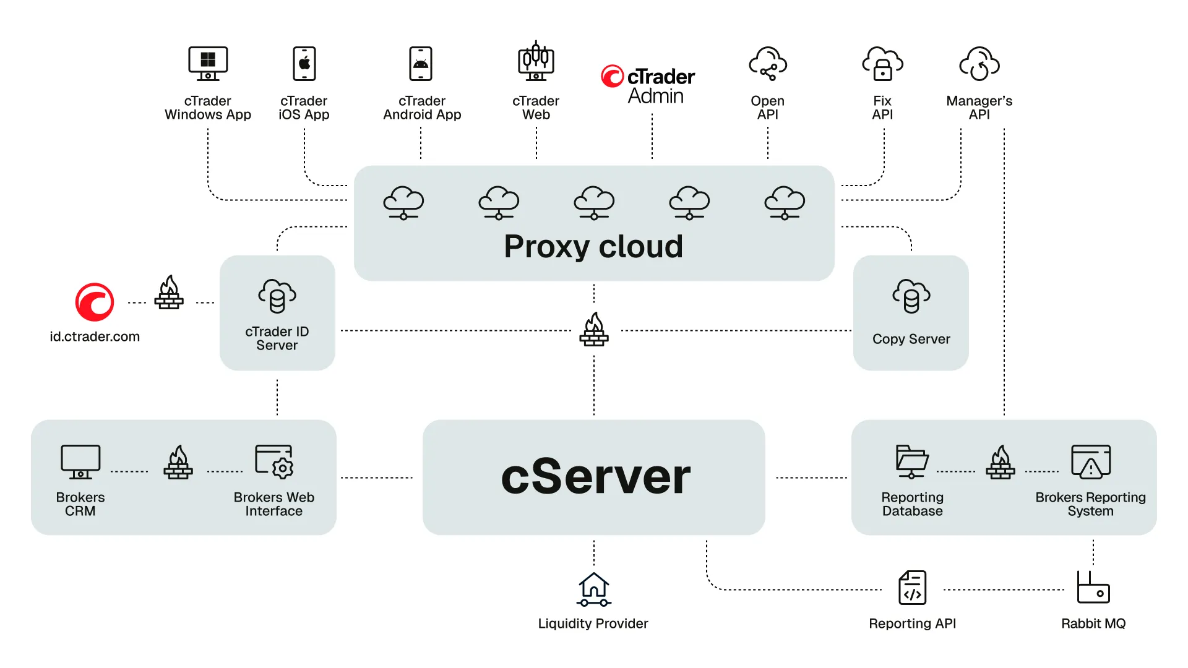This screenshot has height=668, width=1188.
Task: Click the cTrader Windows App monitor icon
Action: (208, 63)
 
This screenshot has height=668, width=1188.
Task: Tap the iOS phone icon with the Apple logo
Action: (304, 63)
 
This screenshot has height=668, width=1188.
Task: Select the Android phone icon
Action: (421, 63)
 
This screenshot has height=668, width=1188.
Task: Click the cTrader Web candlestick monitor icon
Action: (536, 62)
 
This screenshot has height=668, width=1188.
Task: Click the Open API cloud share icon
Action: (768, 63)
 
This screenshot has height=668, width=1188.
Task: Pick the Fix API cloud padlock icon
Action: (882, 63)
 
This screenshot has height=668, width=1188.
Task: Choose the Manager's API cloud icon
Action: (979, 63)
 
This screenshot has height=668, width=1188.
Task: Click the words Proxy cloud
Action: (593, 246)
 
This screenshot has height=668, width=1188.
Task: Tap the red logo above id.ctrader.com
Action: (95, 302)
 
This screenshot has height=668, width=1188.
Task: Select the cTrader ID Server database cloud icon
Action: (277, 296)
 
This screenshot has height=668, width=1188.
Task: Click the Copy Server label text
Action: (911, 339)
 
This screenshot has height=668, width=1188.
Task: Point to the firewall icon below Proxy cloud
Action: (594, 330)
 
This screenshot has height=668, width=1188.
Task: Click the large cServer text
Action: (595, 477)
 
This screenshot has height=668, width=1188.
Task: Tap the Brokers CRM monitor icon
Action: (80, 461)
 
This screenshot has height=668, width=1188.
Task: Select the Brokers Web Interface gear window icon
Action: (274, 461)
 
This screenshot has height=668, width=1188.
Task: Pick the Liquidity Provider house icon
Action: (594, 589)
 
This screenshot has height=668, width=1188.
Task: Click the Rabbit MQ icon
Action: (1093, 588)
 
